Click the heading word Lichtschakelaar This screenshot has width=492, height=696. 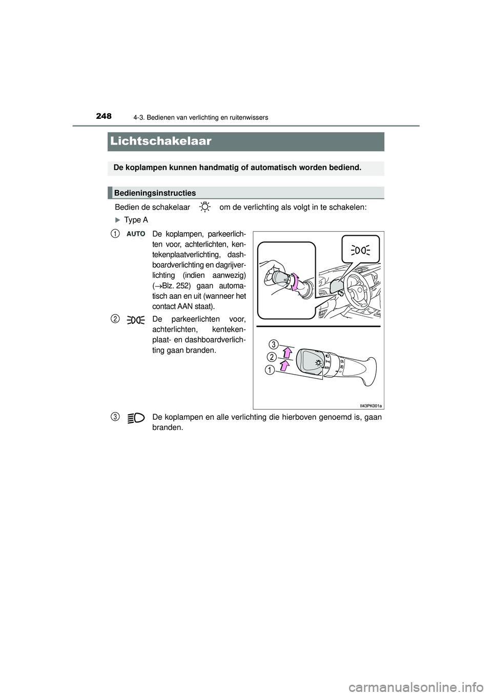coord(160,141)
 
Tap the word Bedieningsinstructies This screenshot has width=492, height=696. coord(155,193)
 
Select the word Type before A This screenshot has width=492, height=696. coord(132,220)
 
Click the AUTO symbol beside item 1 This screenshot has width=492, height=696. coord(136,234)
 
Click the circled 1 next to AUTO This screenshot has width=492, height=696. coord(117,234)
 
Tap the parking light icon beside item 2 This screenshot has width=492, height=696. coord(136,320)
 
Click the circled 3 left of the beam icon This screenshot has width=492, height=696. coord(117,418)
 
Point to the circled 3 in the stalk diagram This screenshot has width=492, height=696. coord(275,343)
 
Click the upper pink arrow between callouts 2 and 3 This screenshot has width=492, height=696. coord(287,352)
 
